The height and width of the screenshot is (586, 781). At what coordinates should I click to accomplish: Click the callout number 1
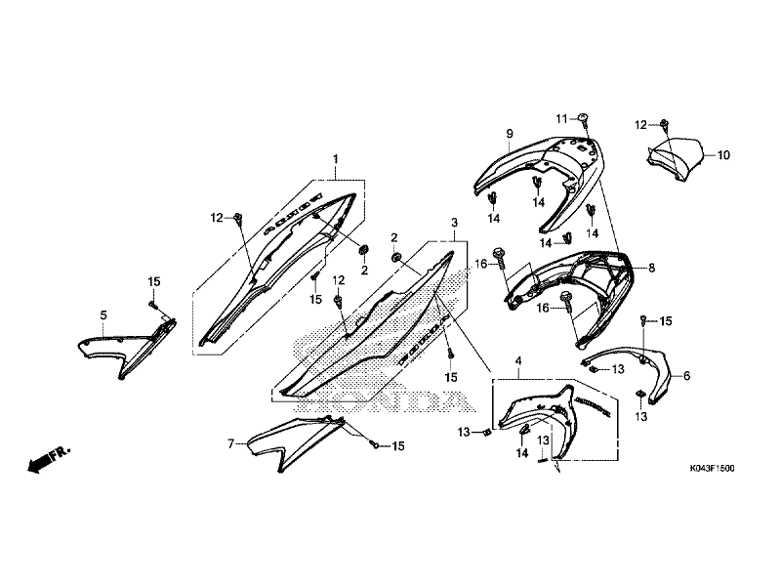coord(335,159)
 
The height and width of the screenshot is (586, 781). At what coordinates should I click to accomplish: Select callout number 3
coord(454,223)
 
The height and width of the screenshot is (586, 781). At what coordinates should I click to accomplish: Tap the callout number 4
coord(518,362)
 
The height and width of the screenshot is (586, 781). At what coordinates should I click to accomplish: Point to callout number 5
coord(103,315)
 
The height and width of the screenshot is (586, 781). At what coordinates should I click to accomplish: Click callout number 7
coord(231,443)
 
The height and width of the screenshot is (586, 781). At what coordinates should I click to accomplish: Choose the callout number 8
coord(652,267)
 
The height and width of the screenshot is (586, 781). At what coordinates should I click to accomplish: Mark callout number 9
coord(509,133)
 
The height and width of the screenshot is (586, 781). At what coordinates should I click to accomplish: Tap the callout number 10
coord(723,155)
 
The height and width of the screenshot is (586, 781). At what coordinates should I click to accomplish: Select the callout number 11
coord(562,118)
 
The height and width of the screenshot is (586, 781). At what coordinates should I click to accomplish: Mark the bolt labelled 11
coord(584,120)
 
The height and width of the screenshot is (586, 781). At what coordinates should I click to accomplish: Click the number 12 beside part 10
coord(640,125)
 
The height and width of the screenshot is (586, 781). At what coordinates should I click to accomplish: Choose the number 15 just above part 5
coord(153,282)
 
